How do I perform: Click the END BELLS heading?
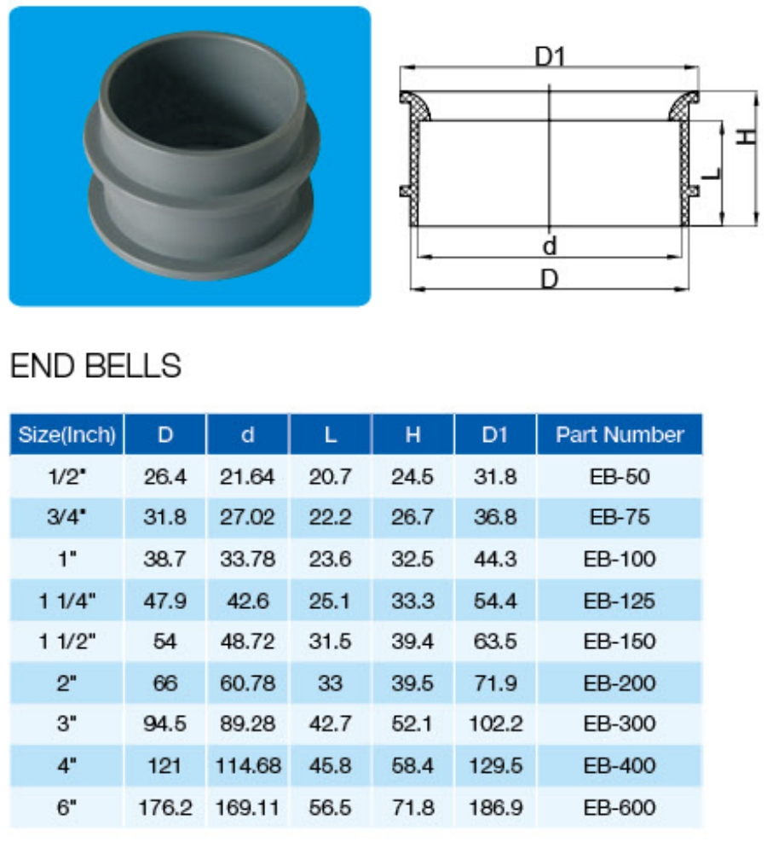tap(95, 365)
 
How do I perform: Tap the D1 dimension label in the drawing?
tap(551, 57)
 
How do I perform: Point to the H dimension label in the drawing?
tap(746, 135)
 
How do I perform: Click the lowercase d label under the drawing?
tap(550, 247)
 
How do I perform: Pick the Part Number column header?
tap(620, 434)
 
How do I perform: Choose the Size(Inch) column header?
tap(66, 434)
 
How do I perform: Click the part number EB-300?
tap(620, 723)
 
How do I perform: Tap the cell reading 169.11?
tap(247, 806)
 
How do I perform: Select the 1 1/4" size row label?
tap(66, 601)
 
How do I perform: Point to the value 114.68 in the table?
tap(247, 765)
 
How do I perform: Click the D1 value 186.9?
tap(495, 806)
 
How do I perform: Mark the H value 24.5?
tap(412, 476)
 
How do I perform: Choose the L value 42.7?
tap(330, 723)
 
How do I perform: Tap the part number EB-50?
tap(620, 476)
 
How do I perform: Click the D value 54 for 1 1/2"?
tap(165, 642)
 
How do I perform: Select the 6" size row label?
tap(66, 806)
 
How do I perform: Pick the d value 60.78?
tap(247, 682)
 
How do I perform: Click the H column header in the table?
tap(412, 434)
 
